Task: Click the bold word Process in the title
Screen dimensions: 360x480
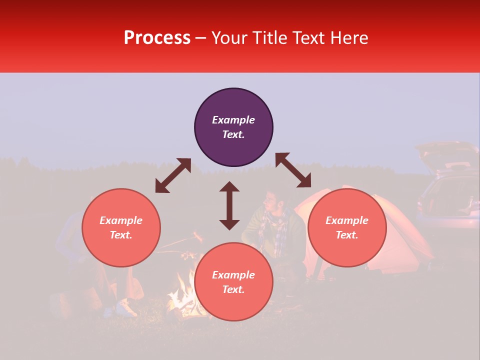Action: click(x=157, y=38)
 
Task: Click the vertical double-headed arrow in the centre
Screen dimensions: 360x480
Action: click(x=229, y=205)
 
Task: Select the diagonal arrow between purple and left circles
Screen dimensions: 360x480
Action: click(x=173, y=175)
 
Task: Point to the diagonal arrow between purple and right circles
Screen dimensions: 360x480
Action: click(x=293, y=170)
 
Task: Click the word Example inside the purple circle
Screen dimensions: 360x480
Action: click(x=233, y=120)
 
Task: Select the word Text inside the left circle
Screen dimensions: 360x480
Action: click(x=121, y=235)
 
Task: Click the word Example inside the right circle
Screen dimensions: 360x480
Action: click(x=347, y=220)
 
